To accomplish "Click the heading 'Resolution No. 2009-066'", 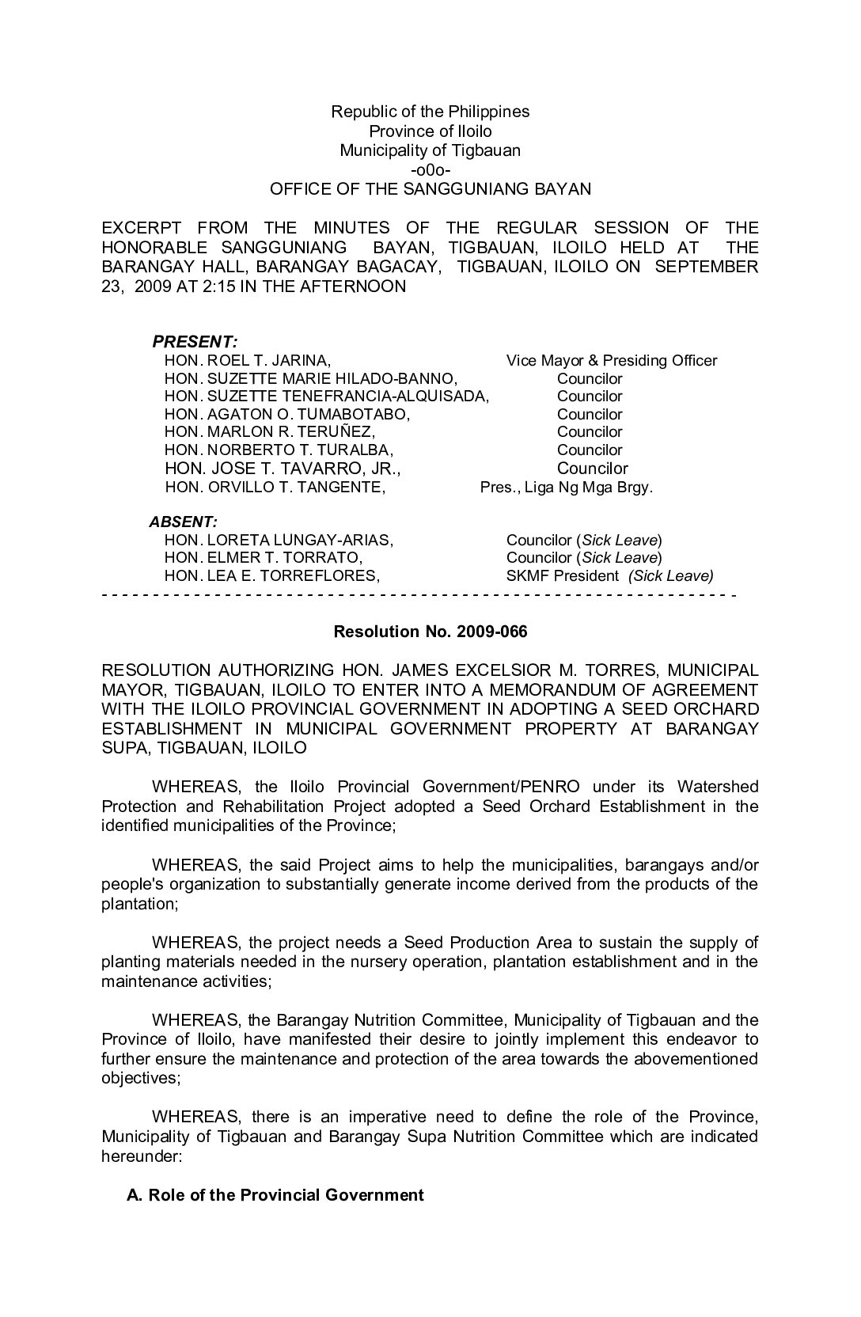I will pos(430,632).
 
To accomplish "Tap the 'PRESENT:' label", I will pos(195,342).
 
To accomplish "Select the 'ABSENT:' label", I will pos(183,522).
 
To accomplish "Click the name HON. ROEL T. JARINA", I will pos(246,361).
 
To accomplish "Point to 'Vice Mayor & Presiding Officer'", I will pos(611,361).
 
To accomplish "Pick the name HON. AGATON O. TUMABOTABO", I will pos(287,415).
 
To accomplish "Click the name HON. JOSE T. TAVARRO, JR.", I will pos(283,469).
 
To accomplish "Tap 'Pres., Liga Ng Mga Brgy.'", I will pos(566,488).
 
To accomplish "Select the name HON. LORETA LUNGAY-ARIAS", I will pos(279,541).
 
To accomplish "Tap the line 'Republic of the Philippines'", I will pos(430,112).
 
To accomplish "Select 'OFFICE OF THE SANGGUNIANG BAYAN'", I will pos(430,189).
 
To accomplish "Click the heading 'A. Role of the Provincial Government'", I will pos(275,1195).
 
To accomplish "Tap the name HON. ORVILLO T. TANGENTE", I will pos(275,488).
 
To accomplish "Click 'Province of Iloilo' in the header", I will pos(430,131).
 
